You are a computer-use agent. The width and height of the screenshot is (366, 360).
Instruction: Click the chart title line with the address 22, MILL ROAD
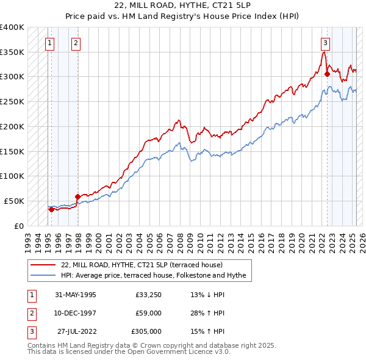click(x=182, y=7)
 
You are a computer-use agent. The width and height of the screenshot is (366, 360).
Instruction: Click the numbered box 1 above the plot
click(x=49, y=43)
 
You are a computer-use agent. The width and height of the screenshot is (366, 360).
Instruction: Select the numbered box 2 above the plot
click(x=75, y=43)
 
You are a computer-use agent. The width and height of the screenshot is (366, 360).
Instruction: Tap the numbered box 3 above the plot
click(x=326, y=43)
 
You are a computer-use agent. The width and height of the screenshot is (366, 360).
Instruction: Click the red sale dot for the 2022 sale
click(x=328, y=74)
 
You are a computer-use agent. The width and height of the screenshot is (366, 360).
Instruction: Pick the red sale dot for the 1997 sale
click(x=77, y=196)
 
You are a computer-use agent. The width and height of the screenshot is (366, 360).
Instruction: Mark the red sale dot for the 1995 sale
click(x=51, y=209)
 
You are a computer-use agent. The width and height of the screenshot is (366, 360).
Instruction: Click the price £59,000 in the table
click(x=148, y=313)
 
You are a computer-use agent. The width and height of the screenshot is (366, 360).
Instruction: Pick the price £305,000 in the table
click(x=146, y=331)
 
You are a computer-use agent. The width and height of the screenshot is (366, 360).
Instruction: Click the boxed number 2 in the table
click(x=31, y=313)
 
